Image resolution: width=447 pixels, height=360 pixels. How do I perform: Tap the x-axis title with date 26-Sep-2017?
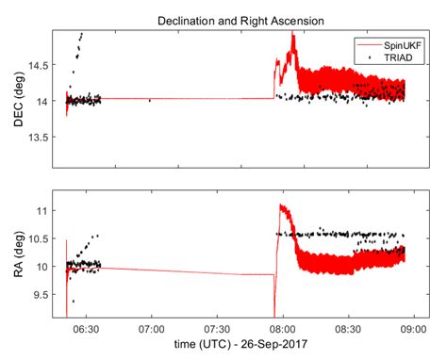coord(241,349)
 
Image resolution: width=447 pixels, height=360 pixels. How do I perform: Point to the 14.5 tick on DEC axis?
coord(46,64)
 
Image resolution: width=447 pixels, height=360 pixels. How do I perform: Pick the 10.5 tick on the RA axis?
coord(46,240)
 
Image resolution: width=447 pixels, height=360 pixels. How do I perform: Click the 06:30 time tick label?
coord(87,331)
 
